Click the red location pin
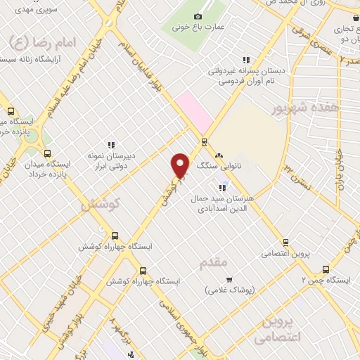(x=181, y=165)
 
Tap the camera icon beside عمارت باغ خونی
(x=198, y=16)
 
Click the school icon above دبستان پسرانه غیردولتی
(x=245, y=60)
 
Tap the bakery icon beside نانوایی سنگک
(x=219, y=155)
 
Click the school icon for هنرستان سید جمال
(x=224, y=187)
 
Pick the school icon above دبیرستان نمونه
(x=110, y=145)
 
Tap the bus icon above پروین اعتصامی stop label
(x=285, y=241)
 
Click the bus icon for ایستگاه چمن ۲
(x=326, y=269)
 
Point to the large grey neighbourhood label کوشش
(x=101, y=205)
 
